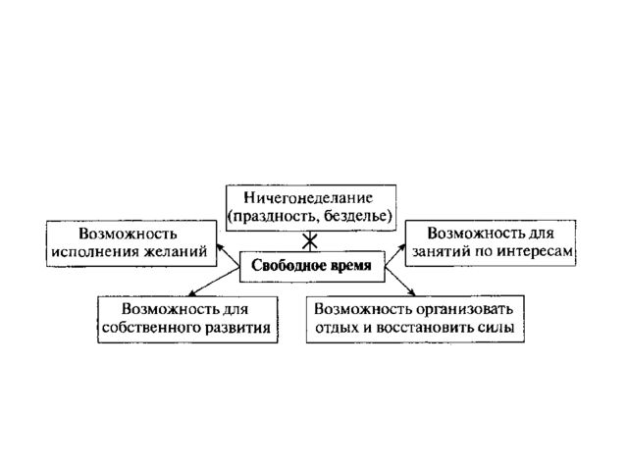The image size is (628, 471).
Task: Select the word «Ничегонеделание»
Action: (x=308, y=198)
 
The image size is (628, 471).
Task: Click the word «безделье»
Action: (x=355, y=216)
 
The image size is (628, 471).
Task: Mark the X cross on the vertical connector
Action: (x=310, y=241)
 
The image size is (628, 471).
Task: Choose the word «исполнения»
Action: (x=95, y=252)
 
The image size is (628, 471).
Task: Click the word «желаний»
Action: (x=176, y=251)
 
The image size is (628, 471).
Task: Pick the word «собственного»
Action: (x=151, y=328)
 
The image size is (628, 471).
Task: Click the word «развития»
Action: (x=237, y=328)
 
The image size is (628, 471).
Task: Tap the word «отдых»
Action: (x=337, y=328)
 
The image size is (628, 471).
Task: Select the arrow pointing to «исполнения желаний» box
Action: (x=228, y=255)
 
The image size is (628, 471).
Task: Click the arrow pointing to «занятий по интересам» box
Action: (x=394, y=255)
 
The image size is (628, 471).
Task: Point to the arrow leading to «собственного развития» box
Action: (x=214, y=282)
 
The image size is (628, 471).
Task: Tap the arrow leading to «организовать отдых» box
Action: (x=399, y=282)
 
